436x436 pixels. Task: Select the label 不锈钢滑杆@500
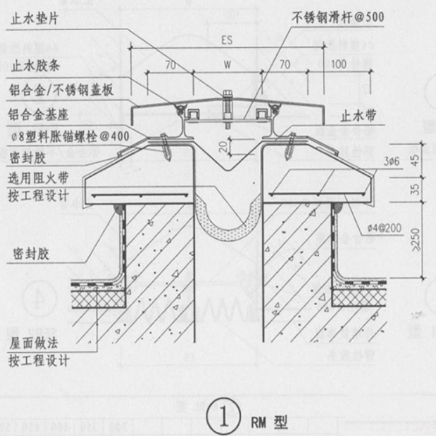click(x=337, y=17)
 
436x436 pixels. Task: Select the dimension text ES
click(x=227, y=41)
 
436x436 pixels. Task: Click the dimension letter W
click(x=227, y=65)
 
